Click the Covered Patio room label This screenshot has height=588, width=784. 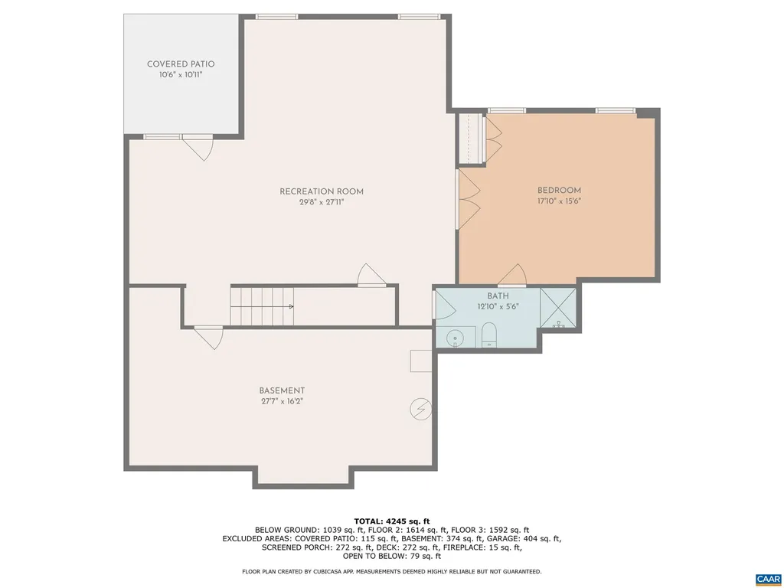181,64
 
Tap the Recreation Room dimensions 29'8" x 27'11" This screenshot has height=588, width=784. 321,203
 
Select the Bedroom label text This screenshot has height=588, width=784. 559,191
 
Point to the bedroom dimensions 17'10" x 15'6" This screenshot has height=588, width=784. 559,202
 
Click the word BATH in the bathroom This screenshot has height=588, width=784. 498,296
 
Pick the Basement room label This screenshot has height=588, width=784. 282,390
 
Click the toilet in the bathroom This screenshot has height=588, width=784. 489,335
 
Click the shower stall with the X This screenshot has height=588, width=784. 559,308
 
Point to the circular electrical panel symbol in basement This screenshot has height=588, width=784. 420,409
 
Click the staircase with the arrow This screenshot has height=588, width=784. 263,305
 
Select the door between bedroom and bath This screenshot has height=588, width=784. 511,275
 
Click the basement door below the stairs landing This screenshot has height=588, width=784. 208,337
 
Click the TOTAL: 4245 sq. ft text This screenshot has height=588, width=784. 391,521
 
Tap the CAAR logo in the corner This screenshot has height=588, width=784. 766,579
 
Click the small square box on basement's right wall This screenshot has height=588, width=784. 421,361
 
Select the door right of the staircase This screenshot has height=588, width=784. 371,275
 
